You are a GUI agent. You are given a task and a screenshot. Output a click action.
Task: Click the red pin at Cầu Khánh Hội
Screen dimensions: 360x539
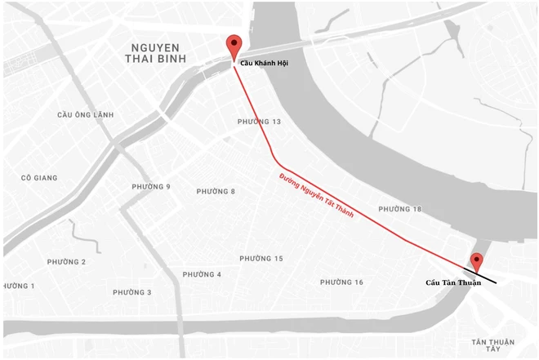[235, 46]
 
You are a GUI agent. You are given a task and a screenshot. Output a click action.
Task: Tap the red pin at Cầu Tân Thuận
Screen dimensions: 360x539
[477, 261]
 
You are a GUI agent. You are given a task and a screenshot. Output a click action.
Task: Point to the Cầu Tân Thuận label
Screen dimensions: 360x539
[453, 283]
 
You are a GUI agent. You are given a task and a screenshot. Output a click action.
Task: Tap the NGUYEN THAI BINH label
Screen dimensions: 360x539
[156, 54]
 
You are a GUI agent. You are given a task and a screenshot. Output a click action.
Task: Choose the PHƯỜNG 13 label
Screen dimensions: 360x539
[259, 122]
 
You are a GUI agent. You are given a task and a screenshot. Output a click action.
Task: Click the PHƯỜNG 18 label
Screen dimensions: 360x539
[400, 210]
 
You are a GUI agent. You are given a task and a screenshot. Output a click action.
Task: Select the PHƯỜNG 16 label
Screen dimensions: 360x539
[341, 282]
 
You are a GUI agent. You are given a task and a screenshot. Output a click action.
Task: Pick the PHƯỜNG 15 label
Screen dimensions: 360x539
[261, 259]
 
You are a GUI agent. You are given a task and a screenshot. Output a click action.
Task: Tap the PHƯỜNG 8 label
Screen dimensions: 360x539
[216, 192]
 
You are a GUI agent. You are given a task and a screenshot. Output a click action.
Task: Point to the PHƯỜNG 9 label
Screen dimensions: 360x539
[151, 187]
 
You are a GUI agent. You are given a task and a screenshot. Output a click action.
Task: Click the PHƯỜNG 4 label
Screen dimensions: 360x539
[202, 274]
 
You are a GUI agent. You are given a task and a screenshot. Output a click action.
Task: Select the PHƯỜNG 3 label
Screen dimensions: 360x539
[131, 292]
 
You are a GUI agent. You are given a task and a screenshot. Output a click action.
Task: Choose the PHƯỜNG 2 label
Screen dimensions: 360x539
[66, 262]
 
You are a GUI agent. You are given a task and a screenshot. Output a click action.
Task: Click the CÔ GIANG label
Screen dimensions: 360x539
[39, 178]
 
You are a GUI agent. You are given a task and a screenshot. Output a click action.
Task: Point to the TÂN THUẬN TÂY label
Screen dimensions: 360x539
[493, 347]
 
